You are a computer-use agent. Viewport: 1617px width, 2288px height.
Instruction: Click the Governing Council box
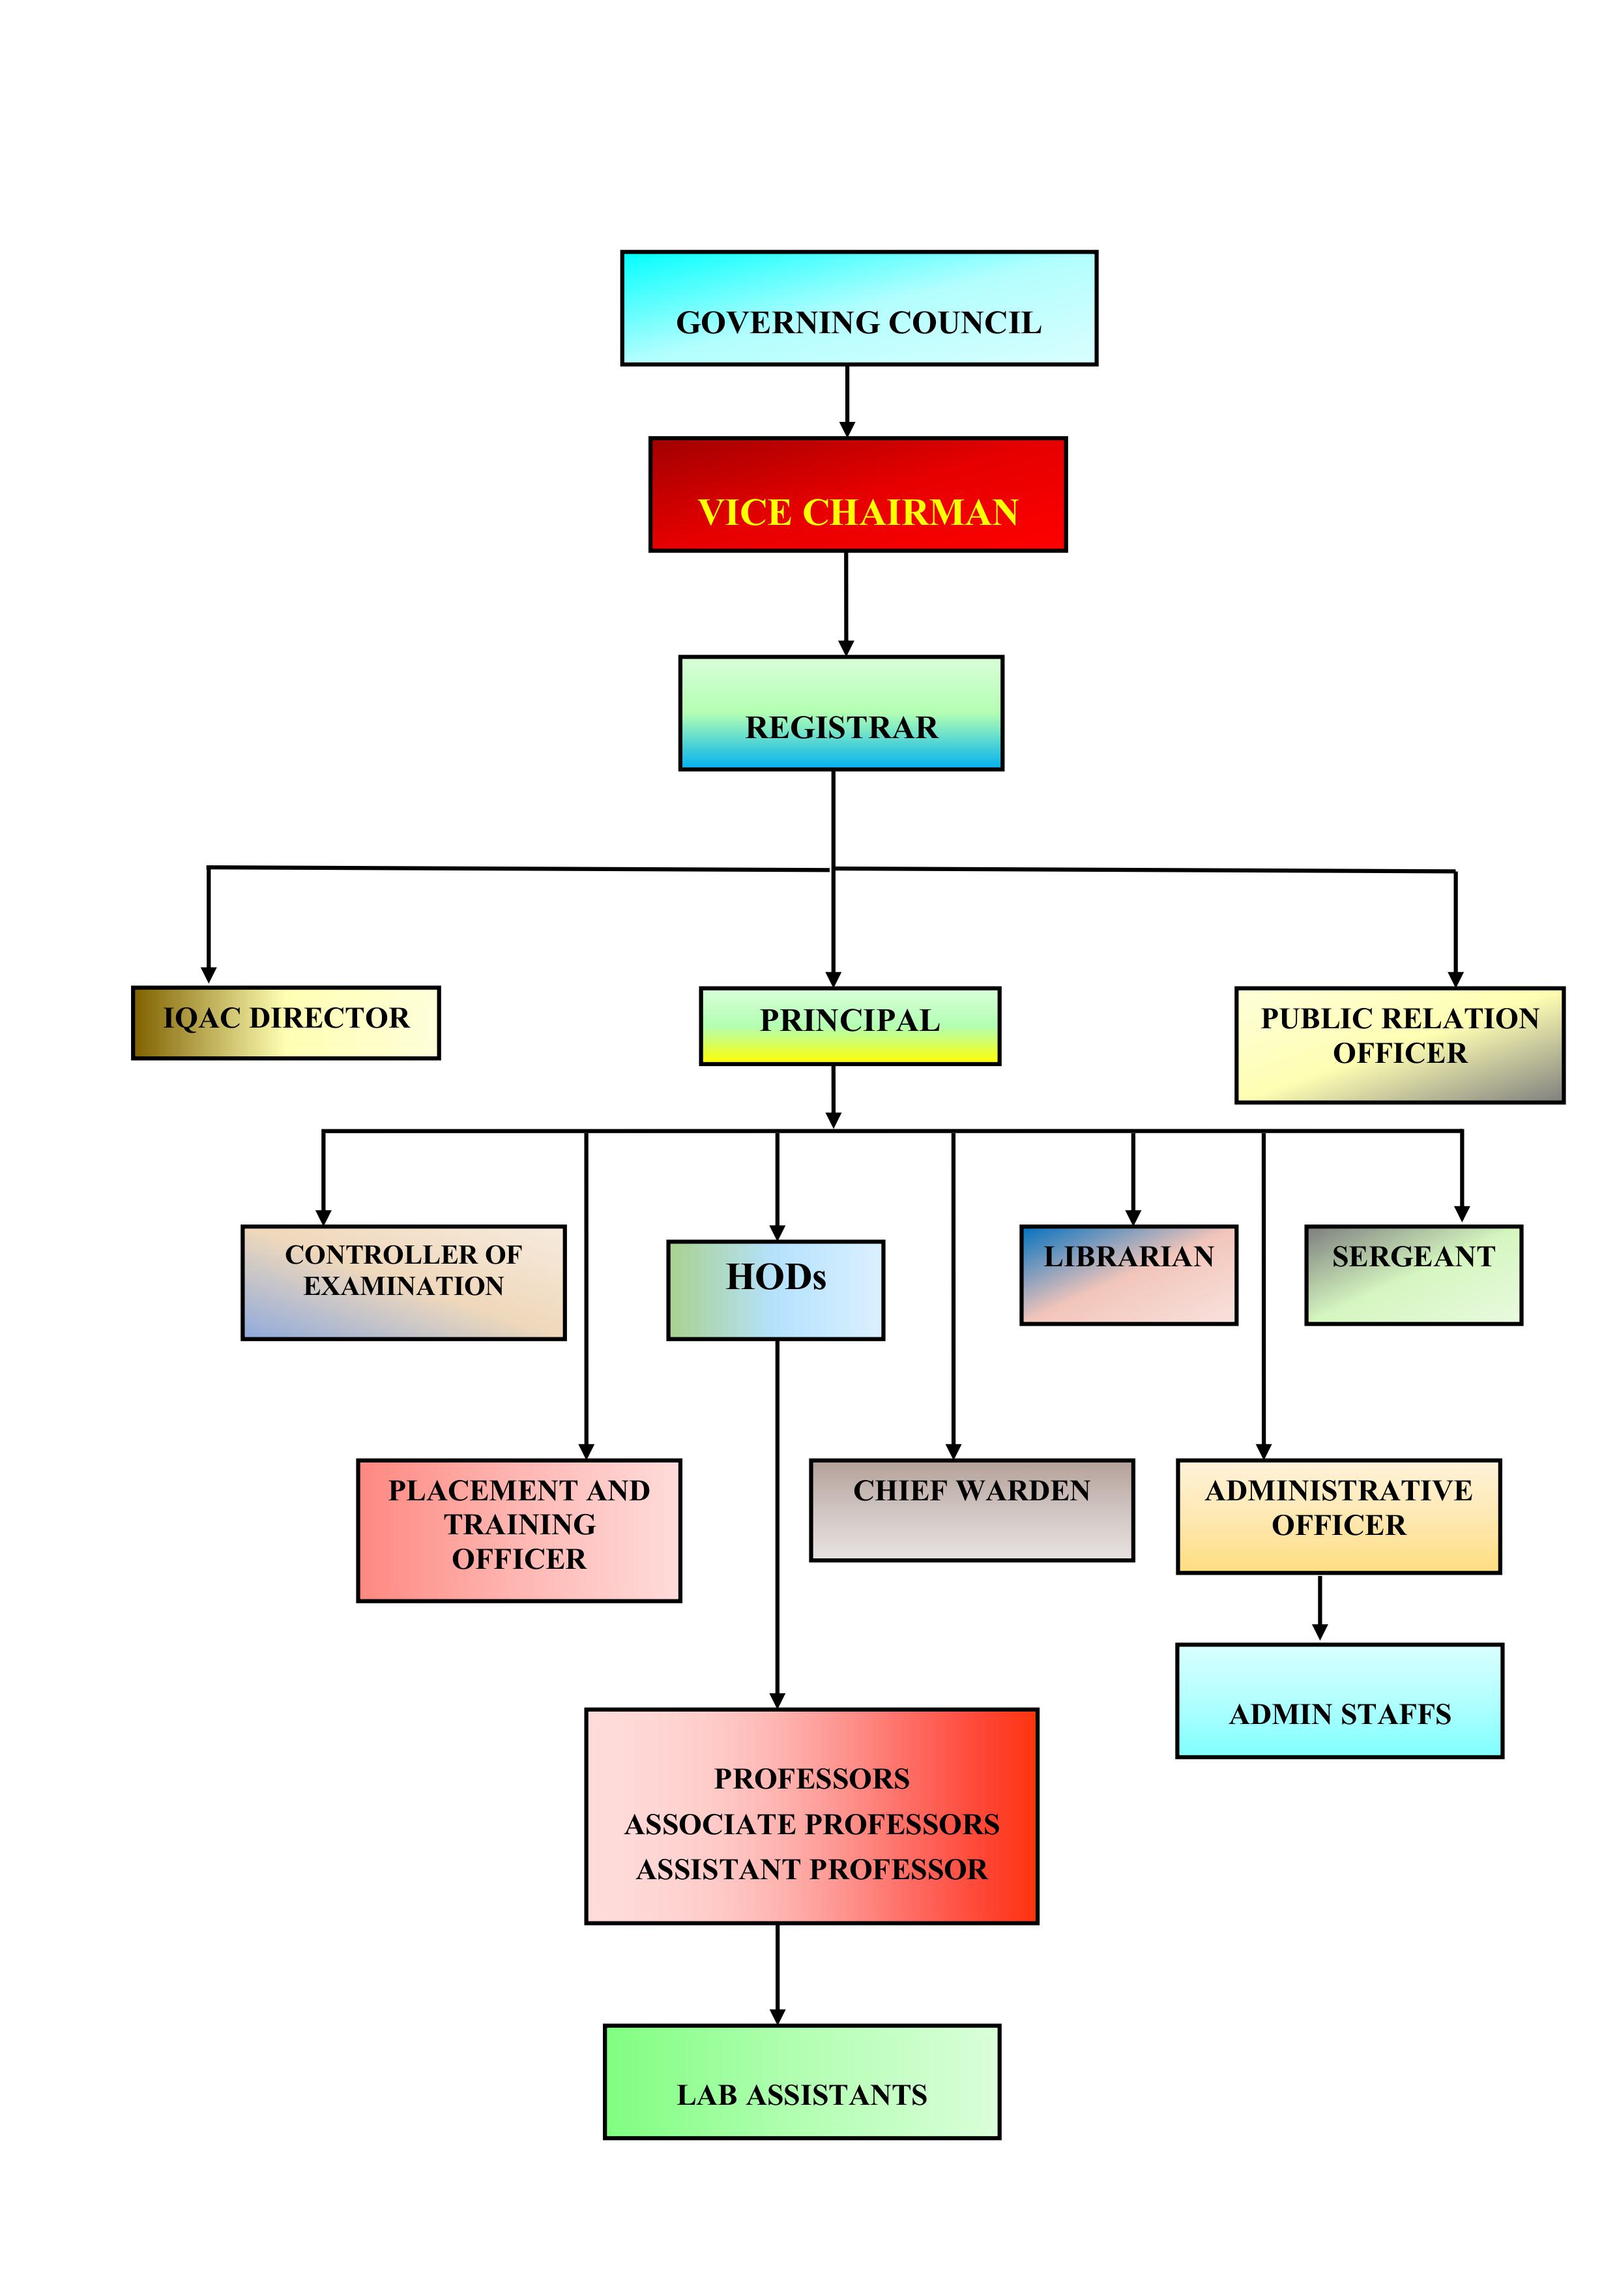point(859,308)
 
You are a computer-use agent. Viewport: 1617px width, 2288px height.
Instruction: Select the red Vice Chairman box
point(858,494)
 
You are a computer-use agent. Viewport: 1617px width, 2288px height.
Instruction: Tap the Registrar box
point(841,713)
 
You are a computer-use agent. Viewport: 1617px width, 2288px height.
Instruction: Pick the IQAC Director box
point(286,1022)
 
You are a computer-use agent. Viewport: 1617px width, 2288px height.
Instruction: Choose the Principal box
point(850,1026)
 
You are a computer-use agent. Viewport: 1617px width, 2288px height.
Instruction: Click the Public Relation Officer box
point(1400,1045)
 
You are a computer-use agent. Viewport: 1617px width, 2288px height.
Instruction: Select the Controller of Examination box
point(403,1283)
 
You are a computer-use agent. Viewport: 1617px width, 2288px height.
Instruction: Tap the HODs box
point(775,1290)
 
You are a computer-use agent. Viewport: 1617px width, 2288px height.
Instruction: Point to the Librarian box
point(1129,1275)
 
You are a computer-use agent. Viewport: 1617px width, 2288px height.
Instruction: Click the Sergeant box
point(1414,1275)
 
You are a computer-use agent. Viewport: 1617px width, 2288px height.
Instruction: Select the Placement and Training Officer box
point(519,1530)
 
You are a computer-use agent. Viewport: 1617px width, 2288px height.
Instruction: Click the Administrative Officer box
point(1339,1517)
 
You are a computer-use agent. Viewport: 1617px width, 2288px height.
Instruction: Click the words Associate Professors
point(812,1824)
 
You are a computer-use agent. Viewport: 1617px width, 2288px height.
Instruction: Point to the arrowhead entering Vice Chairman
point(847,430)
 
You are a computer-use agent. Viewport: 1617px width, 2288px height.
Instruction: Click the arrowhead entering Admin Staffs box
point(1320,1632)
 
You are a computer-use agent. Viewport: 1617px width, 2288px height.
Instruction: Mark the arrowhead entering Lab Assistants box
point(777,2017)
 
